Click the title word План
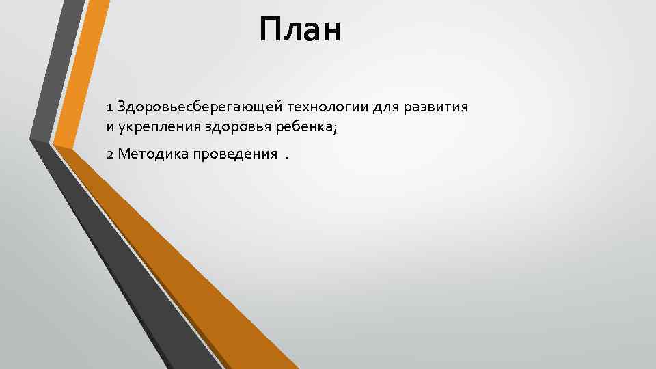(x=299, y=31)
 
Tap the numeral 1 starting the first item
(x=109, y=107)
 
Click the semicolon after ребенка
(x=336, y=128)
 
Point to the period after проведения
(x=287, y=156)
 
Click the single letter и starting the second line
(x=110, y=126)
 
